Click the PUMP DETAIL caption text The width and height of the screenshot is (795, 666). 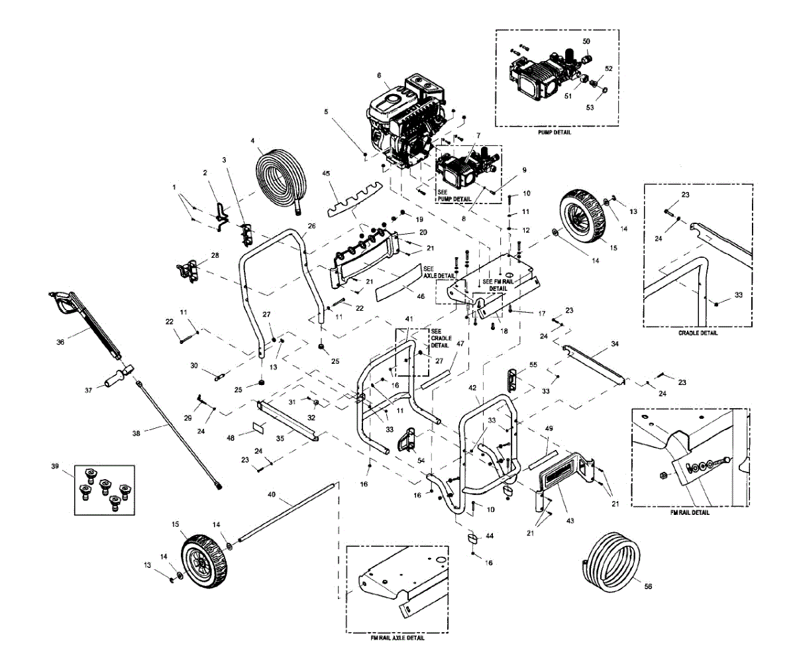coord(556,133)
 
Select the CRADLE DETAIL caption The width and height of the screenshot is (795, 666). coord(698,333)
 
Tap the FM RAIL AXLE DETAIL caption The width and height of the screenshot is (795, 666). coord(397,638)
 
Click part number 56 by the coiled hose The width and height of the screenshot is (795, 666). coord(648,586)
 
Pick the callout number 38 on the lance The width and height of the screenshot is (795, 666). coord(136,433)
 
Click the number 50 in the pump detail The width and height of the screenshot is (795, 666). coord(586,42)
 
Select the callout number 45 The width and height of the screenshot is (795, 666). coord(326,174)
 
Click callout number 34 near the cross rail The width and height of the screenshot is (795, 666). coord(615,344)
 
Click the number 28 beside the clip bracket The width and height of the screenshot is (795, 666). coord(214,256)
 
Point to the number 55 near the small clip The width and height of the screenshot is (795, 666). coord(533,365)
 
